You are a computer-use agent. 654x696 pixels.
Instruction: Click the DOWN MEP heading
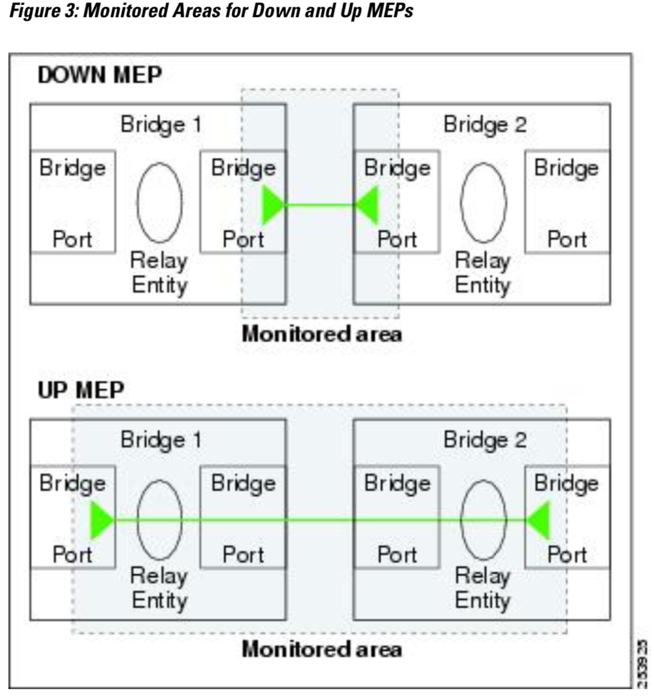click(x=99, y=76)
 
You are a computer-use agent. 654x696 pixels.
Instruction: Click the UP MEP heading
click(x=81, y=391)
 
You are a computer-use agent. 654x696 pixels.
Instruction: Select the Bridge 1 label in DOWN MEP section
click(x=160, y=124)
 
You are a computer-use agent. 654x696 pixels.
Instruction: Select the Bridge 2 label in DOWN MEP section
click(x=484, y=124)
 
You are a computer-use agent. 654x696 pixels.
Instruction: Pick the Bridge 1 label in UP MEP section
click(x=160, y=440)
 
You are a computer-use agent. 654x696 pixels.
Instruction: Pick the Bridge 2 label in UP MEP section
click(x=484, y=440)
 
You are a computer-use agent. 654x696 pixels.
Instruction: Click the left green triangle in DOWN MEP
click(x=272, y=205)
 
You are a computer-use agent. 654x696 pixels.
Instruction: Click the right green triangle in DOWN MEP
click(x=367, y=205)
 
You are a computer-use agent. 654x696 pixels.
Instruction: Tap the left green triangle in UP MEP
click(x=101, y=520)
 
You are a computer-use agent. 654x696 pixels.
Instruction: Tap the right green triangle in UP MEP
click(x=539, y=520)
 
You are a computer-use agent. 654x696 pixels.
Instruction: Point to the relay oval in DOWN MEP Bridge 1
click(x=159, y=202)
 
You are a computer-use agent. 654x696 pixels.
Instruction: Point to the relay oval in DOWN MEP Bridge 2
click(x=483, y=202)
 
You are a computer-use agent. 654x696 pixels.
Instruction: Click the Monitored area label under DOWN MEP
click(x=321, y=334)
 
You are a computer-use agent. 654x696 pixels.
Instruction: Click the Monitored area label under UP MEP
click(x=321, y=650)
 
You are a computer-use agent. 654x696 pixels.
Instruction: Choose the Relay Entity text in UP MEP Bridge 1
click(x=159, y=588)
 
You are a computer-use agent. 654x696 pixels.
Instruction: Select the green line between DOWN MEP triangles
click(x=320, y=205)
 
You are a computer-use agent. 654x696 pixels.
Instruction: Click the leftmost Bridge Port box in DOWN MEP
click(x=72, y=202)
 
